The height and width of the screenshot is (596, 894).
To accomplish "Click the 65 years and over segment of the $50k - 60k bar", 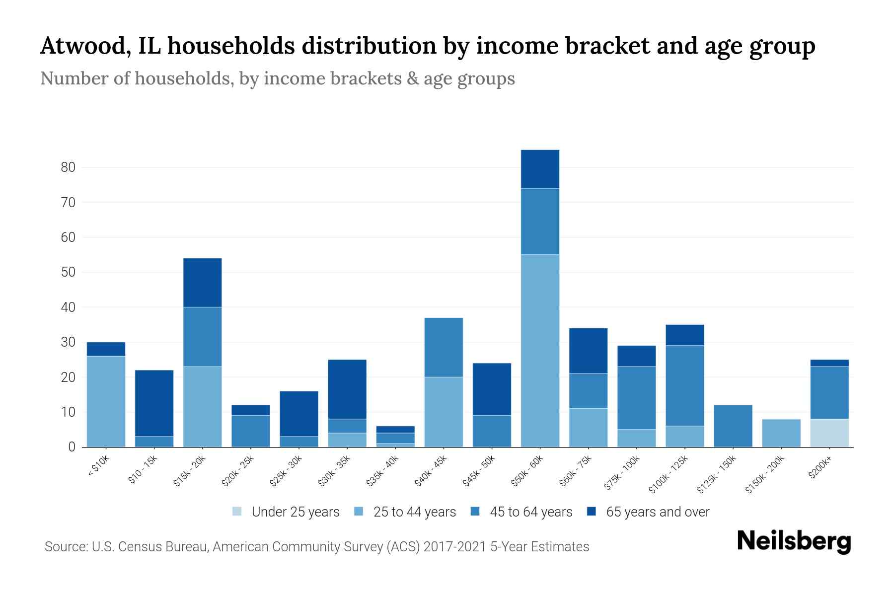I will [x=540, y=169].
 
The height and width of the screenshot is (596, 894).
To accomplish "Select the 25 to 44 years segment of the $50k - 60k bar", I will [x=540, y=351].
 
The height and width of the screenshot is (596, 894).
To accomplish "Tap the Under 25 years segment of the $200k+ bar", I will [x=829, y=433].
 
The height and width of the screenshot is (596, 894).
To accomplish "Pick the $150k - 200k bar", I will [x=781, y=433].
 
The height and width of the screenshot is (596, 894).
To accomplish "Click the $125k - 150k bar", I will [x=733, y=426].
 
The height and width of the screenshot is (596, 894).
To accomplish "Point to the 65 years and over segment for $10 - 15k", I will [x=154, y=403].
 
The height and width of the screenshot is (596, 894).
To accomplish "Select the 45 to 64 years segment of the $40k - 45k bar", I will [x=444, y=347].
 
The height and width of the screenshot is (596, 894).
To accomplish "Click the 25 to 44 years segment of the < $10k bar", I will [x=106, y=401].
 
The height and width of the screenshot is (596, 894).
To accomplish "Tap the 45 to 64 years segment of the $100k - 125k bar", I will [x=684, y=386].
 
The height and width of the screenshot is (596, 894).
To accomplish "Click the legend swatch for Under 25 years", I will [x=237, y=512].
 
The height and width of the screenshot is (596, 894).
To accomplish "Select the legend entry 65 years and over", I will [x=657, y=512].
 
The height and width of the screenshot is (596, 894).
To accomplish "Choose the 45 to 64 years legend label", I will [x=530, y=512].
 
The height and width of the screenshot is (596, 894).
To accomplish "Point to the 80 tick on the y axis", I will [x=68, y=167].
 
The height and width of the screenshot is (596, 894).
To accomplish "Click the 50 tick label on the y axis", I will [x=68, y=272].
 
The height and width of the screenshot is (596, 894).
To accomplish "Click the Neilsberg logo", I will [x=794, y=541].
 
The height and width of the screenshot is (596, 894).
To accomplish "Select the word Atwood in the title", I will [x=82, y=46].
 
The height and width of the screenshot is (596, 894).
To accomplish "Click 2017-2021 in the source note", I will [x=454, y=547].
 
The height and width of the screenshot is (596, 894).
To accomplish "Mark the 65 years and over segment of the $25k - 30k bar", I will [x=299, y=414].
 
